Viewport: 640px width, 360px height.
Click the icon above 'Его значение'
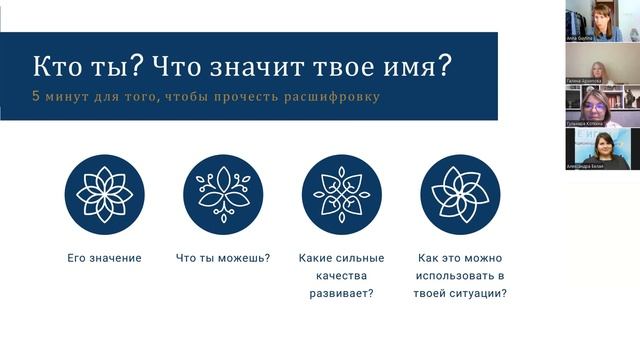pyautogui.click(x=104, y=194)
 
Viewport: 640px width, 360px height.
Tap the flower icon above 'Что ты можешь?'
pyautogui.click(x=223, y=194)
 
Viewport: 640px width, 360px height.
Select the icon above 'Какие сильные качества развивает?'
pyautogui.click(x=342, y=194)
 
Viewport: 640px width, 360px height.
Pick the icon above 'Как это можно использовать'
pyautogui.click(x=460, y=194)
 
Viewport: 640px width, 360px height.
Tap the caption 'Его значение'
pyautogui.click(x=104, y=258)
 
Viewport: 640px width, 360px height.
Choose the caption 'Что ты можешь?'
pyautogui.click(x=223, y=258)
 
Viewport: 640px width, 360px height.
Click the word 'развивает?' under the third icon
pyautogui.click(x=342, y=293)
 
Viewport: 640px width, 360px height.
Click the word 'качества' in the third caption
pyautogui.click(x=342, y=275)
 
